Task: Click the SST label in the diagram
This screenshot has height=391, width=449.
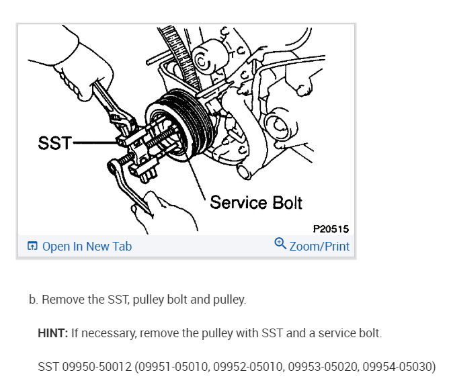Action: pos(54,143)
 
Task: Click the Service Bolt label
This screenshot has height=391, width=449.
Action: pos(256,202)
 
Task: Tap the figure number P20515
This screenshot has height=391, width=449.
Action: pos(331,229)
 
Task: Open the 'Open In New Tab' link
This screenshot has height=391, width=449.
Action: pos(87,247)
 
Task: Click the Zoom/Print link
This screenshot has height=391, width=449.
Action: pos(319,247)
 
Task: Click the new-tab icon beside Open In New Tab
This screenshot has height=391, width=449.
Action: pos(32,247)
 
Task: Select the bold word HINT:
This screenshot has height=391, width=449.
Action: pos(53,333)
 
